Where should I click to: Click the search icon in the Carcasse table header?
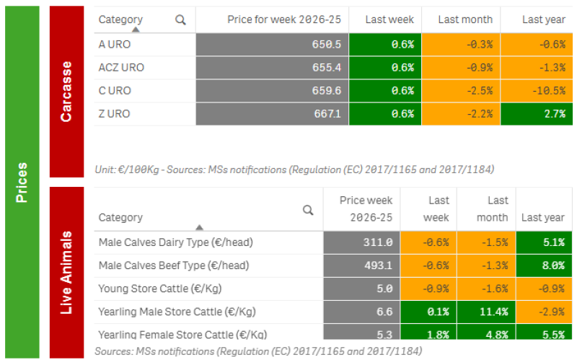[180, 20]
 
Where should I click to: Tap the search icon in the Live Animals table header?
[308, 210]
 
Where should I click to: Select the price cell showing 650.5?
[273, 45]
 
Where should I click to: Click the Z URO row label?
[114, 114]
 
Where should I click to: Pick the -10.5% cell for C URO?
[537, 91]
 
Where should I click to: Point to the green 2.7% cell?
[537, 114]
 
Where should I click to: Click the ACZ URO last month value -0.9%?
[461, 68]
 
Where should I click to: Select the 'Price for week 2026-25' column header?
[284, 19]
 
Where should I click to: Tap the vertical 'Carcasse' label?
[66, 92]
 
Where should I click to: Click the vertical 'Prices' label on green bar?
[22, 183]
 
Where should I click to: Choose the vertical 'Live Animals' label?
[66, 273]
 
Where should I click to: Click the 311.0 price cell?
[362, 242]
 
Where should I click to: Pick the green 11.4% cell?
[486, 312]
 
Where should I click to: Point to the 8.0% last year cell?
[544, 265]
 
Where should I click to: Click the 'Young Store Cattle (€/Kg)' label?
[159, 289]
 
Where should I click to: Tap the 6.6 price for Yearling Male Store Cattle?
[362, 312]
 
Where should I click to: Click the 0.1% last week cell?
[428, 312]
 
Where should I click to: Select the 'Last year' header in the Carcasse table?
[544, 19]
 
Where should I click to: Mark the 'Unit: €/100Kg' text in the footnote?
[127, 170]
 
